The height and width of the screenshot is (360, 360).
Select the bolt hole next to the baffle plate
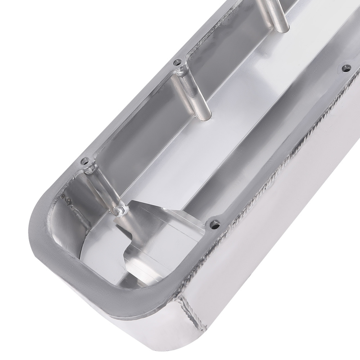tap(215, 224)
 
